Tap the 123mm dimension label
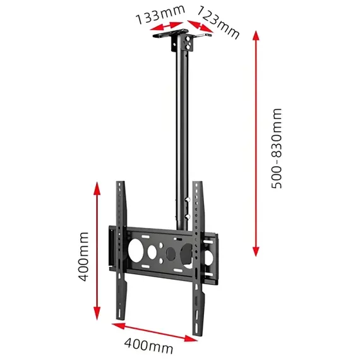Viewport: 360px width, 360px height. [x=219, y=21]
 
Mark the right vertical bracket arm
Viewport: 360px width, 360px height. [x=198, y=259]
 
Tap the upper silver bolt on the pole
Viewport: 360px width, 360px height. [x=187, y=201]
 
